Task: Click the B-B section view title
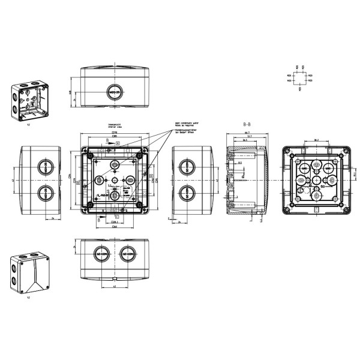click(x=247, y=122)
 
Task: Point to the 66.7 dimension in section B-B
click(x=247, y=131)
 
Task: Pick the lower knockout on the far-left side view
click(x=43, y=193)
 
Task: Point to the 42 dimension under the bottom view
click(x=114, y=287)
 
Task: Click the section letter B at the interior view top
click(x=107, y=141)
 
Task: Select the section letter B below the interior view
click(x=98, y=220)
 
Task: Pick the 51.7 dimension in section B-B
click(x=247, y=137)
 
